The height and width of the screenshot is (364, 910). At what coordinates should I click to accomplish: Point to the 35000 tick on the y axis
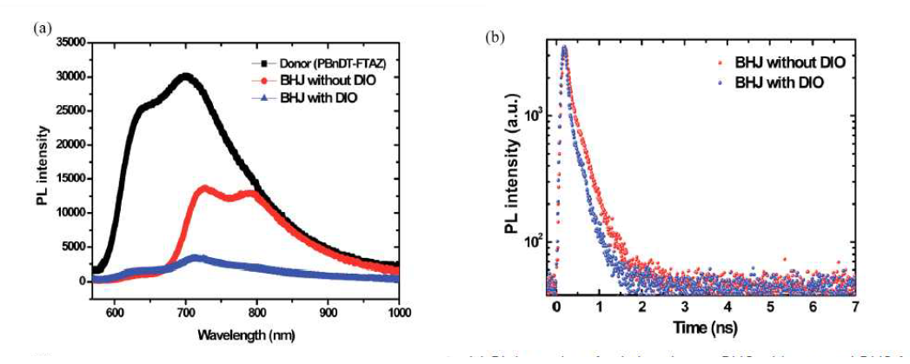pyautogui.click(x=66, y=43)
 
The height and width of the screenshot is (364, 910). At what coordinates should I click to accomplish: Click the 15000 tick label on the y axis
pyautogui.click(x=66, y=179)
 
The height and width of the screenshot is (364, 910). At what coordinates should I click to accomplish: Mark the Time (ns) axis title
pyautogui.click(x=701, y=329)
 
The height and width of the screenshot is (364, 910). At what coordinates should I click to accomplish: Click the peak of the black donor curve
pyautogui.click(x=185, y=76)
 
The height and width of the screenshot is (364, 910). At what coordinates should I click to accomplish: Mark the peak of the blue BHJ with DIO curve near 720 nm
pyautogui.click(x=198, y=257)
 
